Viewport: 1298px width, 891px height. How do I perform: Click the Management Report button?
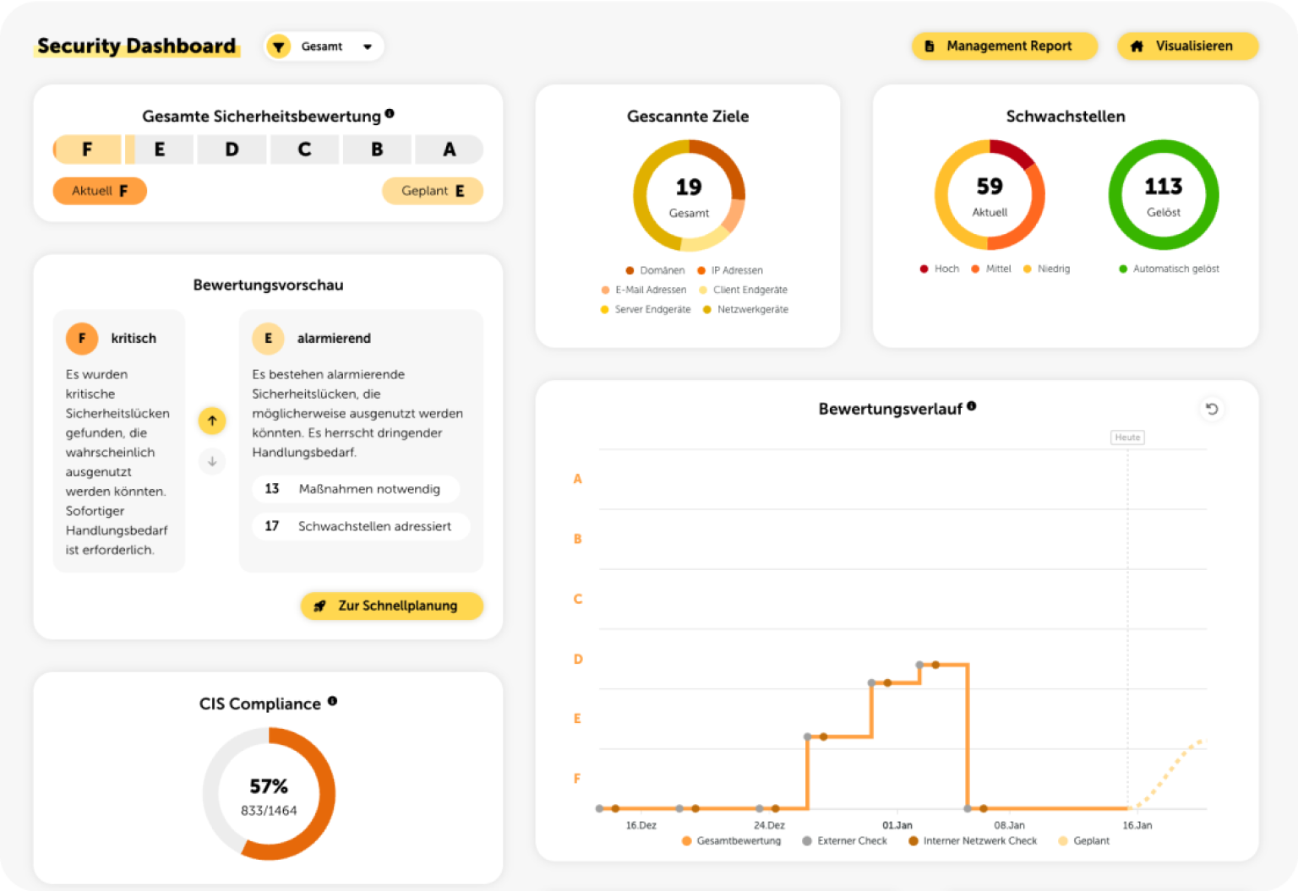pos(1004,46)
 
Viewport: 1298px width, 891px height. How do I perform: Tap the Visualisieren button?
pos(1187,46)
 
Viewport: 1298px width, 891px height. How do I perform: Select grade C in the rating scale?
pos(304,149)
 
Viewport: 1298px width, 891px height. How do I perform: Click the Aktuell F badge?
pos(100,191)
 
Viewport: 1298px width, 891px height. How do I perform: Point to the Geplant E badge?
pos(433,191)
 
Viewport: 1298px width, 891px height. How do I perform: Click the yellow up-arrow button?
pos(212,421)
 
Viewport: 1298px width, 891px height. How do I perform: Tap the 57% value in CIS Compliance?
pos(269,786)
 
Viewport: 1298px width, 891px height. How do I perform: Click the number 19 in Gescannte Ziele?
pos(689,187)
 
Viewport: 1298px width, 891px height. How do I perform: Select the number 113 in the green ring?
pos(1163,186)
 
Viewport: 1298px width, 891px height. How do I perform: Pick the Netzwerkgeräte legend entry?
pos(746,309)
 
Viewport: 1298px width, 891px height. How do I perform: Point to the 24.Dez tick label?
pos(769,825)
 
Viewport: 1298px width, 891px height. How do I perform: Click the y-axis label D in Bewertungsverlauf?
pos(578,659)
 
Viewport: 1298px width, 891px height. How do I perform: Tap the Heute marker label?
pos(1127,437)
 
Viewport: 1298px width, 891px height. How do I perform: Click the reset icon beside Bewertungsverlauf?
pos(1212,409)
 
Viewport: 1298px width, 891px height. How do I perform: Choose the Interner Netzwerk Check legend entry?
pos(973,840)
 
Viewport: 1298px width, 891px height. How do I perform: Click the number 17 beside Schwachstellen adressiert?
pos(272,526)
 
